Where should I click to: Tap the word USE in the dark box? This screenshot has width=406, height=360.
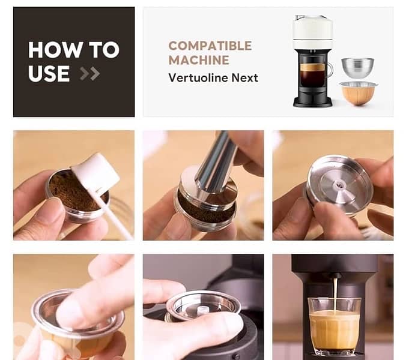click(49, 73)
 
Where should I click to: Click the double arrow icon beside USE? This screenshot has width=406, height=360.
click(90, 73)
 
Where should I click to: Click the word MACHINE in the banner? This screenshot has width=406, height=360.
click(198, 60)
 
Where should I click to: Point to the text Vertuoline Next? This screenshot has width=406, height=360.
click(213, 77)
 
